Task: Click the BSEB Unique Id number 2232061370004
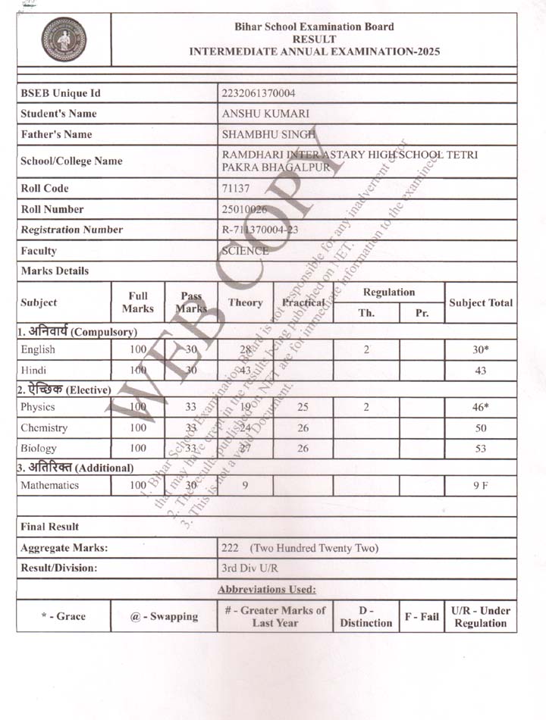click(x=259, y=93)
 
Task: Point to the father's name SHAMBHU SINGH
click(x=262, y=134)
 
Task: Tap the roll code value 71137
click(x=235, y=189)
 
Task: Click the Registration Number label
click(x=71, y=230)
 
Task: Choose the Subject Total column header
click(x=480, y=302)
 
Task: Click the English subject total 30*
click(x=480, y=351)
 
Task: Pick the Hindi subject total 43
click(x=480, y=371)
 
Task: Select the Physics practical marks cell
click(x=303, y=407)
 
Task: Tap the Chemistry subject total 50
click(x=480, y=428)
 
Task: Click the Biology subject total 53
click(x=480, y=449)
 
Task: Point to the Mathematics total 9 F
click(x=480, y=486)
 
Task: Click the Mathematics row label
click(x=50, y=485)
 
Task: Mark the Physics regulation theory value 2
click(x=366, y=407)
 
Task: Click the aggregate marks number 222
click(x=230, y=547)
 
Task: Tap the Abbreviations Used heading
click(x=266, y=589)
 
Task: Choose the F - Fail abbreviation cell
click(x=421, y=616)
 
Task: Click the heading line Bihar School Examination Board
click(x=314, y=27)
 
